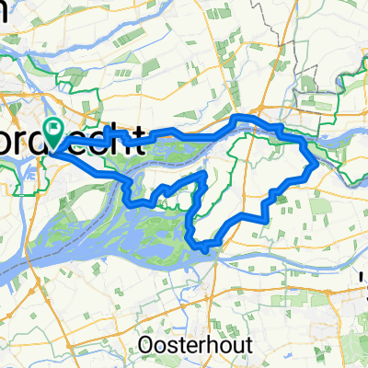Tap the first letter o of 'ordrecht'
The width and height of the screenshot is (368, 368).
[20, 143]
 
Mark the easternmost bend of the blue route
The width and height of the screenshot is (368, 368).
[317, 164]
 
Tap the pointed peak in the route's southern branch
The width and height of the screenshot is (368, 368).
[204, 172]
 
